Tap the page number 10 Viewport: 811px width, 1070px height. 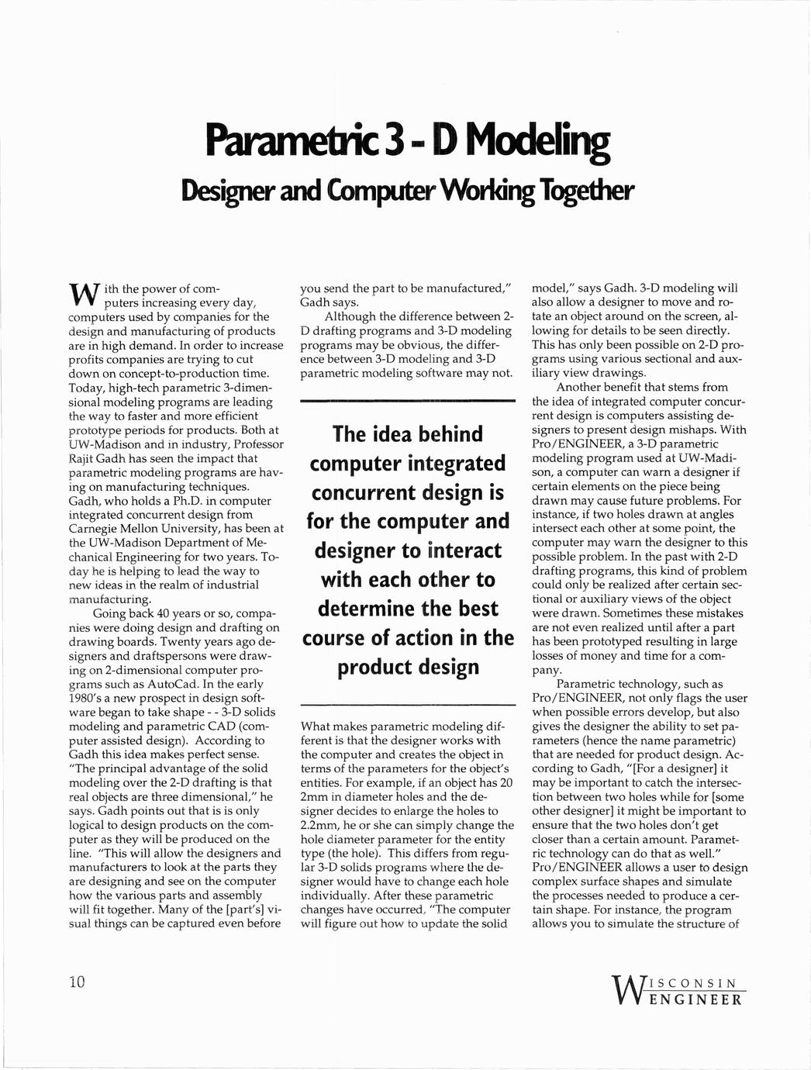click(75, 982)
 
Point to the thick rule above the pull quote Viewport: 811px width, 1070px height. click(408, 400)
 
